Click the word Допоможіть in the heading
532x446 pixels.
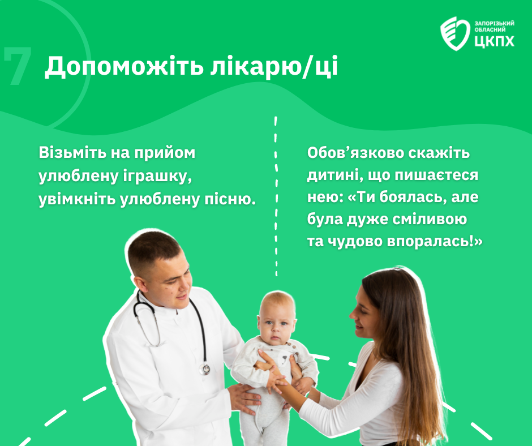coord(124,67)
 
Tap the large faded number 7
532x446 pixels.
coord(18,66)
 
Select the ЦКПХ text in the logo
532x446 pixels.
coord(494,41)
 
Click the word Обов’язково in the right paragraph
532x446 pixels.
coord(355,153)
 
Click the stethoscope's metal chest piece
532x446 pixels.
coord(204,369)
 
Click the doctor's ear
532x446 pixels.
coord(139,284)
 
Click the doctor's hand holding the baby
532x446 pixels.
coord(243,399)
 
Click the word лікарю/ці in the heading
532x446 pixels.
coord(274,67)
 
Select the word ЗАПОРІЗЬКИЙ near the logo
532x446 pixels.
coord(494,23)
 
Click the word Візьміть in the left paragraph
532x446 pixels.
coord(72,153)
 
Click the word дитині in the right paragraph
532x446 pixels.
coord(333,175)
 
